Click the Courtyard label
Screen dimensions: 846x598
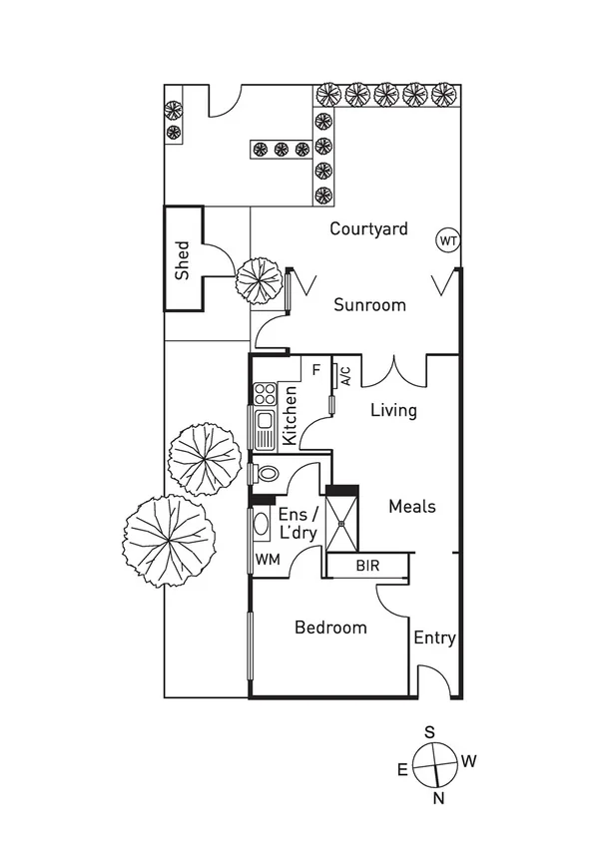tap(368, 228)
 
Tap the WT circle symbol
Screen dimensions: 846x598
tap(448, 240)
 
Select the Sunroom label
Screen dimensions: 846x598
tap(369, 304)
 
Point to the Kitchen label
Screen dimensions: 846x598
tap(290, 414)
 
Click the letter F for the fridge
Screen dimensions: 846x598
tap(315, 369)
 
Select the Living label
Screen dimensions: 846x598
tap(393, 410)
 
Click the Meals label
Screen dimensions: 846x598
tap(411, 506)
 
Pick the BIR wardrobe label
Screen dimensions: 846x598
tap(367, 566)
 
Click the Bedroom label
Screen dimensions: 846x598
tap(330, 628)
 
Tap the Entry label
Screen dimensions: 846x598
tap(434, 637)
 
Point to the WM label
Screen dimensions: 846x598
tap(267, 560)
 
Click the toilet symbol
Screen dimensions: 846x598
tap(267, 472)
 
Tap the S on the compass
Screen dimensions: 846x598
tap(429, 731)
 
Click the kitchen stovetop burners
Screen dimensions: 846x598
tap(264, 394)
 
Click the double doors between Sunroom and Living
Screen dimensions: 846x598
tap(394, 371)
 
